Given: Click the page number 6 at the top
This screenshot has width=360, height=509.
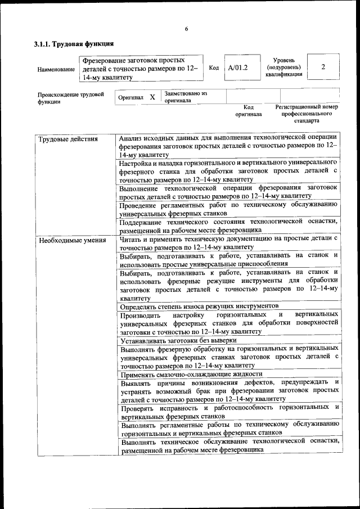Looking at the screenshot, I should pos(186,29).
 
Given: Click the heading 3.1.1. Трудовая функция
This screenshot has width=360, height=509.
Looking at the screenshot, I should pos(74,43).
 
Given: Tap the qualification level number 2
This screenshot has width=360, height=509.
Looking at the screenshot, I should pos(323,67).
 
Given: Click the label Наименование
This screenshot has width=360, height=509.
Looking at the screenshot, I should pos(56,69).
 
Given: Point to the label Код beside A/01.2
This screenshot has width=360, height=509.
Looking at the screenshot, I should pos(214,67).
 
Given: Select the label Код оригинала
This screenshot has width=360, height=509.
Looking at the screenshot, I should pos(249,110).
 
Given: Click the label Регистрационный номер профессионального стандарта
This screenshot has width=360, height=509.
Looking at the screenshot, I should pos(307,113).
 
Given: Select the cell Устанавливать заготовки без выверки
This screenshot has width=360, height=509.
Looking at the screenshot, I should pos(178,341).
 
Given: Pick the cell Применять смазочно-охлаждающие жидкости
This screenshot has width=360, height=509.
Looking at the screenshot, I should pos(191,374).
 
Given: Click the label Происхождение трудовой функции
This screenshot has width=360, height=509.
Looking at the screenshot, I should pos(71,98).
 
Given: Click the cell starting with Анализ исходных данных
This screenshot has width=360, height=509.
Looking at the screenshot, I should pos(228,145).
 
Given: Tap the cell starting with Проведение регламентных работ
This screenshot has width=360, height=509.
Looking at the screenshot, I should pos(228,209).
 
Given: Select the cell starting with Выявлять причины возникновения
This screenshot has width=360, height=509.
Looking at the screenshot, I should pos(228,390).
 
